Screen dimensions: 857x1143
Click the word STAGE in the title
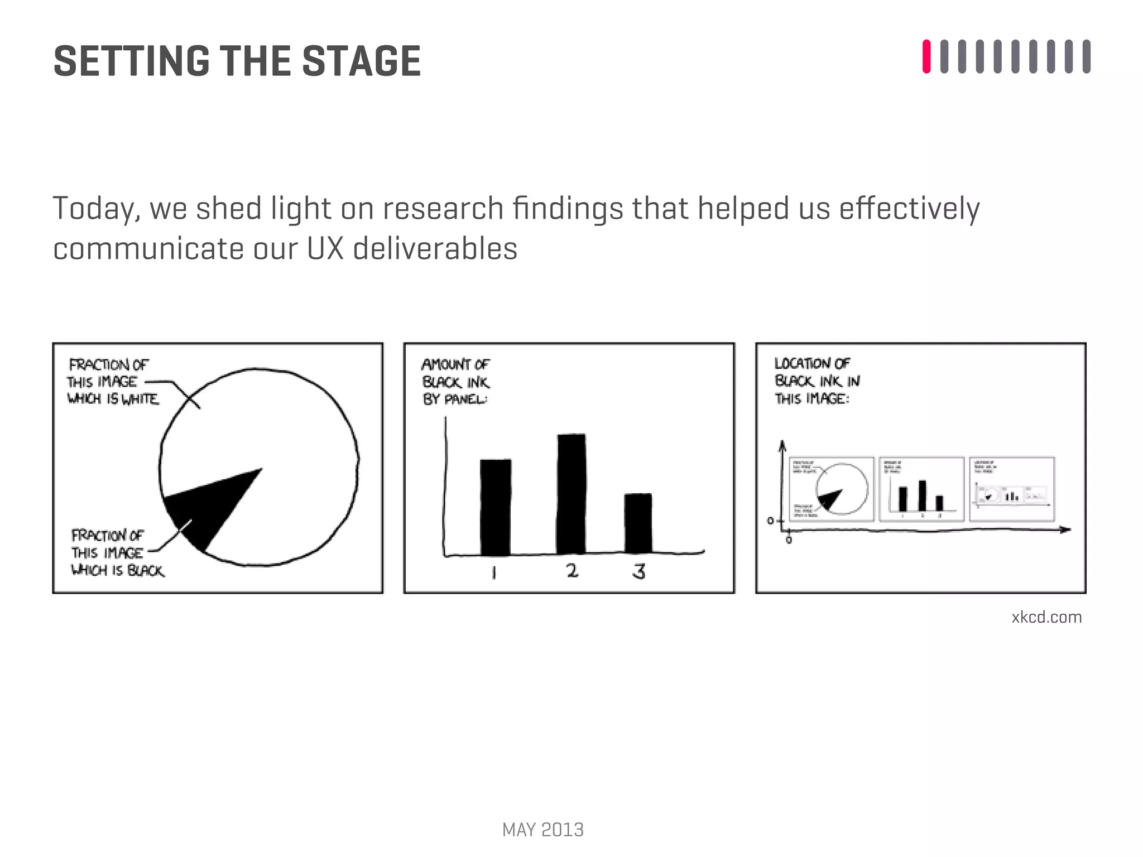tap(361, 61)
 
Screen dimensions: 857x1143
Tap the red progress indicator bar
tap(926, 56)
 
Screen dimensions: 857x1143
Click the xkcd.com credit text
tap(1046, 617)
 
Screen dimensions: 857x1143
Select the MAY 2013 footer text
tap(542, 830)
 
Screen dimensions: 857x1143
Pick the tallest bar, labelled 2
tap(571, 494)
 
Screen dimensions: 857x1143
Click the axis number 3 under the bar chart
tap(639, 571)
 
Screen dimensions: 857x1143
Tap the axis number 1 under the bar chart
tap(493, 572)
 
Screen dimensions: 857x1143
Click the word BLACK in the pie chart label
tap(146, 571)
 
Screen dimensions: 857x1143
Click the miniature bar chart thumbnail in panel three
tap(921, 489)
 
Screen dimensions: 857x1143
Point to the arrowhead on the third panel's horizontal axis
tap(1065, 529)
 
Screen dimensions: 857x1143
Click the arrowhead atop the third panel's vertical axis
tap(782, 445)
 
